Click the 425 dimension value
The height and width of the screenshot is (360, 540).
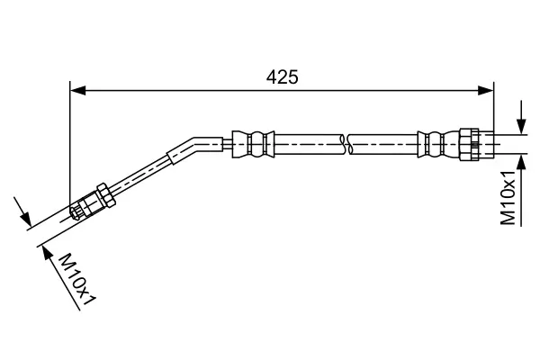pos(282,77)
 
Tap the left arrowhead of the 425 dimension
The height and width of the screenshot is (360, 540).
pos(76,90)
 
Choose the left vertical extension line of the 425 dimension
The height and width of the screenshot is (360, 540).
pos(70,144)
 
